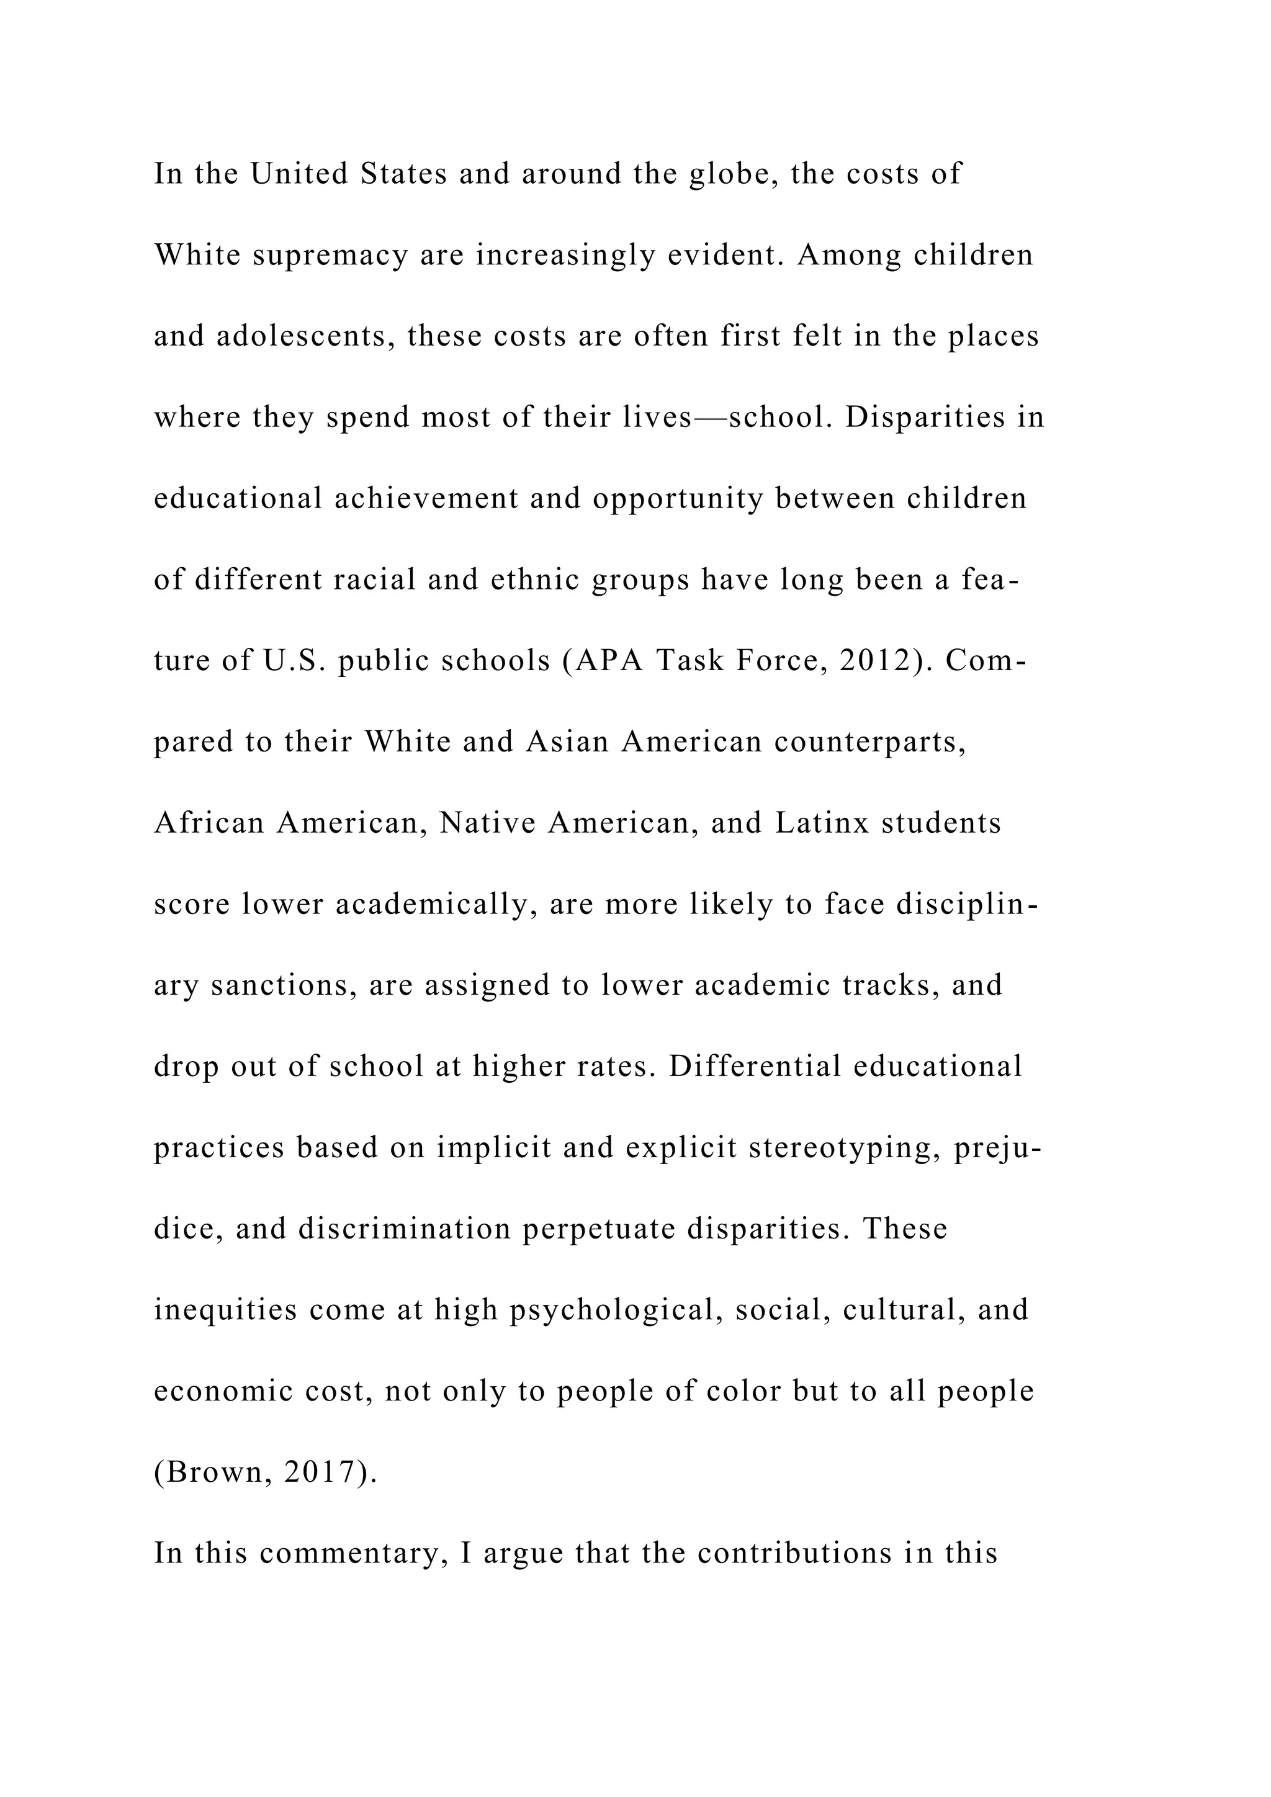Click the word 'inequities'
225,1310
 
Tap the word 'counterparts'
870,742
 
